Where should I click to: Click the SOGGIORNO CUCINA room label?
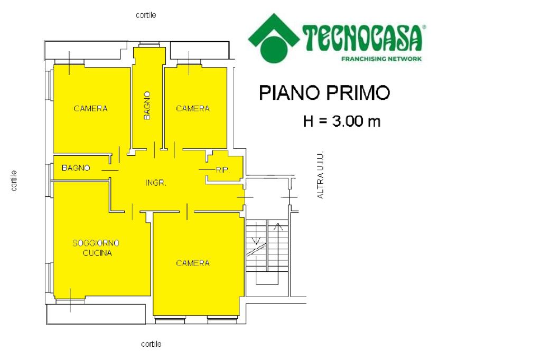coord(96,248)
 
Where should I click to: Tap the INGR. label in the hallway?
coord(156,183)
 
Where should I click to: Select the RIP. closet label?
coord(222,170)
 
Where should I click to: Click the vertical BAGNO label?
coord(147,106)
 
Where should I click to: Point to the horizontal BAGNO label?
coord(76,168)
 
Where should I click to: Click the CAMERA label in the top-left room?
coord(90,109)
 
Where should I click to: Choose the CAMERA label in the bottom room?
coord(193,263)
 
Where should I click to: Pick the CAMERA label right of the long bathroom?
coord(193,109)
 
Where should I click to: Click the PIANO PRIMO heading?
coord(324,93)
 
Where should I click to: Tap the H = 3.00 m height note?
coord(342,121)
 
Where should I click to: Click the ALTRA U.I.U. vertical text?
coord(320,175)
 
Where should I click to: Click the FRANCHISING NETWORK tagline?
coord(381,59)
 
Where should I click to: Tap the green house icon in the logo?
coord(274,39)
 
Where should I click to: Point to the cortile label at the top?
coord(146,15)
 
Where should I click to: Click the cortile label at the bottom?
coord(151,344)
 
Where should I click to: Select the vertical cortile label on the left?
coord(14,181)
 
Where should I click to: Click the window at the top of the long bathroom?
coord(150,44)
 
